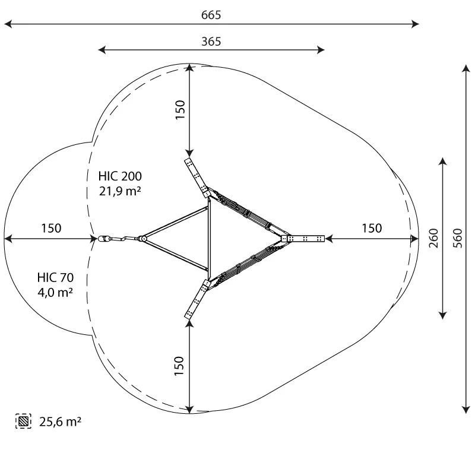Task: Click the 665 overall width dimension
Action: tap(211, 15)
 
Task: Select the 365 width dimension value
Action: tap(211, 42)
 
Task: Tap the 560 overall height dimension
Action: tap(458, 238)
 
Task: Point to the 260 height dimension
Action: tap(434, 238)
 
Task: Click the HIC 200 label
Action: tap(120, 176)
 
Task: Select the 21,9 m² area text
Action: tap(120, 191)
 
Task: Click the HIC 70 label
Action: tap(55, 277)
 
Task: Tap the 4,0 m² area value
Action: tap(55, 292)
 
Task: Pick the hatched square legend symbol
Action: tap(23, 421)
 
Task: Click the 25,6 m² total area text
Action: tap(60, 422)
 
